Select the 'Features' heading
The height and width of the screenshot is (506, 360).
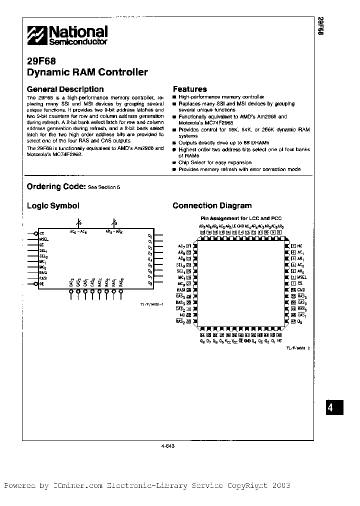189,89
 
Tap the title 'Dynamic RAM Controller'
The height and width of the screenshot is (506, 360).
87,72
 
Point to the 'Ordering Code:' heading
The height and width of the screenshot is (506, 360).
55,186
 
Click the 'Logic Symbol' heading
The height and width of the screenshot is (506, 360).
52,205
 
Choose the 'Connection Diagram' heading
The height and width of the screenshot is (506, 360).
212,205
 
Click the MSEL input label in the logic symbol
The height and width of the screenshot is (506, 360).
44,239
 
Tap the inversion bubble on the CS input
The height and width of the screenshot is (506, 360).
35,233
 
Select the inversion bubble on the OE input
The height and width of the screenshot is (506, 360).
35,284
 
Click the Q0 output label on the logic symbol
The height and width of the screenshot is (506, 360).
149,235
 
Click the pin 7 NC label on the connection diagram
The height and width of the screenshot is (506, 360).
299,246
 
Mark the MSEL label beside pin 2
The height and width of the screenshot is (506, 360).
302,276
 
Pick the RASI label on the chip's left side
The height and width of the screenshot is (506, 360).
181,290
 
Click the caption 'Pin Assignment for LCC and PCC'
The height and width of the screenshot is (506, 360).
235,218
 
